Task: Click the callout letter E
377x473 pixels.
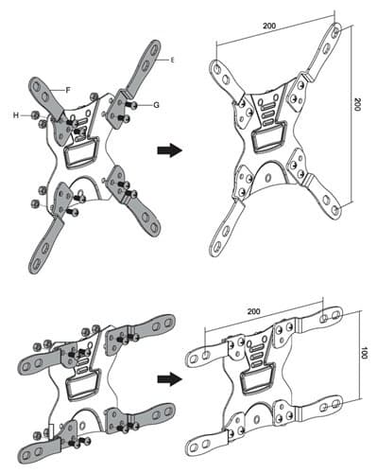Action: pyautogui.click(x=172, y=60)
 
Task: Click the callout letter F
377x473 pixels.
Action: pyautogui.click(x=68, y=90)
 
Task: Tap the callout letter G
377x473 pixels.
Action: pyautogui.click(x=156, y=105)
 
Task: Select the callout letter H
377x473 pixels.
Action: pyautogui.click(x=15, y=115)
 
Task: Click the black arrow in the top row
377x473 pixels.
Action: pyautogui.click(x=170, y=150)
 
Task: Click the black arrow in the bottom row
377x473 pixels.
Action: pyautogui.click(x=170, y=378)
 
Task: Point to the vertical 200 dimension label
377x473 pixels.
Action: pyautogui.click(x=357, y=104)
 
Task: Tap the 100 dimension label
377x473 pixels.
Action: pyautogui.click(x=364, y=353)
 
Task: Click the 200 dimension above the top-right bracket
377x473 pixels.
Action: pyautogui.click(x=269, y=26)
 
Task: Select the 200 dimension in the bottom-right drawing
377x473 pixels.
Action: pyautogui.click(x=254, y=311)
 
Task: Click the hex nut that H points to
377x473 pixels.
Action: pyautogui.click(x=35, y=115)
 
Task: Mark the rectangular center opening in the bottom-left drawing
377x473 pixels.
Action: pyautogui.click(x=83, y=385)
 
